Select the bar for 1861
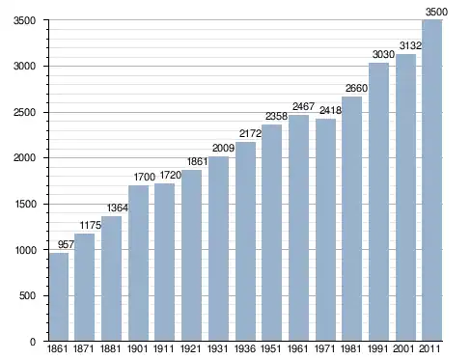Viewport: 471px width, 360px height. pyautogui.click(x=59, y=296)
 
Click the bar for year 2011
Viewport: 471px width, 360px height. pyautogui.click(x=432, y=180)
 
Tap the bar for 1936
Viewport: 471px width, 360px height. pyautogui.click(x=245, y=241)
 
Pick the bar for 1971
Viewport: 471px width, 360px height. pyautogui.click(x=325, y=230)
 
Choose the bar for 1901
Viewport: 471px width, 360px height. pyautogui.click(x=138, y=263)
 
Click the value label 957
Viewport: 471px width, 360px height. pyautogui.click(x=66, y=245)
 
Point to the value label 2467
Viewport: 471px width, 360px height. pyautogui.click(x=303, y=106)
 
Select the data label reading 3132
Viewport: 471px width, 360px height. pyautogui.click(x=410, y=45)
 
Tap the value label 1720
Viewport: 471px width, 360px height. pyautogui.click(x=171, y=175)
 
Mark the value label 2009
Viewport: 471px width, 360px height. pyautogui.click(x=223, y=148)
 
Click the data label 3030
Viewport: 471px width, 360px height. pyautogui.click(x=383, y=54)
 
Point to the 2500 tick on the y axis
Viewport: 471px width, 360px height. pyautogui.click(x=24, y=113)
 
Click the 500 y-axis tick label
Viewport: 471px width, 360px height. pyautogui.click(x=27, y=296)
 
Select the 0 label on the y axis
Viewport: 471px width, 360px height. pyautogui.click(x=33, y=342)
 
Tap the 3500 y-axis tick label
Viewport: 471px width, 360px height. pyautogui.click(x=24, y=20)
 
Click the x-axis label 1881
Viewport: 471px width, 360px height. pyautogui.click(x=110, y=348)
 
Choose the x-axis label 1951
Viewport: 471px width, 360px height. pyautogui.click(x=271, y=348)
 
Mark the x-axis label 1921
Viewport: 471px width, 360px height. pyautogui.click(x=190, y=348)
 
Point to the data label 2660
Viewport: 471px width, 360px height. pyautogui.click(x=356, y=88)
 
